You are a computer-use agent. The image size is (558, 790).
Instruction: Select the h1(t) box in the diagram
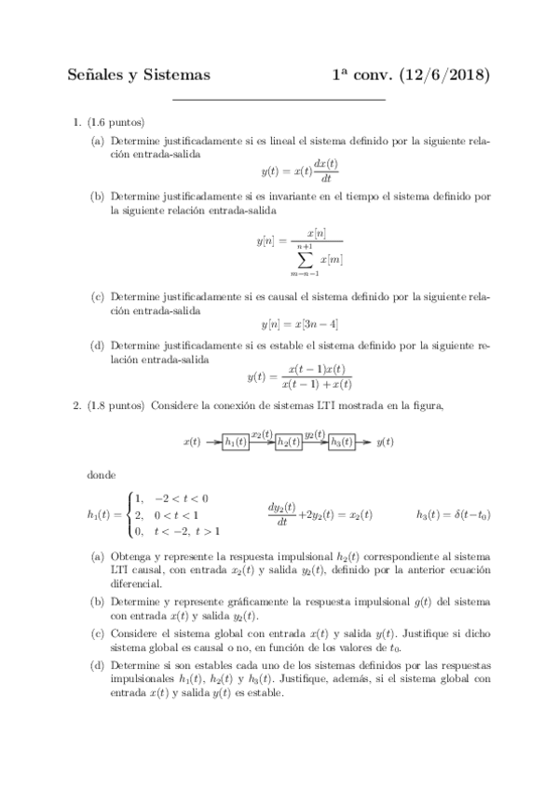(x=236, y=443)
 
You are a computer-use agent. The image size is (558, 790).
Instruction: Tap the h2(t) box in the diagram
(x=289, y=443)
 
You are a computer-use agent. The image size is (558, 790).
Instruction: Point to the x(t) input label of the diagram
(x=192, y=443)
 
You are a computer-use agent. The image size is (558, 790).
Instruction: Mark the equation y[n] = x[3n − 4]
(x=299, y=324)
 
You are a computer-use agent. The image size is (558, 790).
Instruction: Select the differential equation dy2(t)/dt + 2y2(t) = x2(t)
(x=320, y=513)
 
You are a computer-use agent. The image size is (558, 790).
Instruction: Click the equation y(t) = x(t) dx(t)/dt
(x=299, y=171)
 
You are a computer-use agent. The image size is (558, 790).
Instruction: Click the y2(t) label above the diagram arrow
(x=315, y=434)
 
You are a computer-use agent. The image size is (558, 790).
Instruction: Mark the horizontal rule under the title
(x=279, y=99)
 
